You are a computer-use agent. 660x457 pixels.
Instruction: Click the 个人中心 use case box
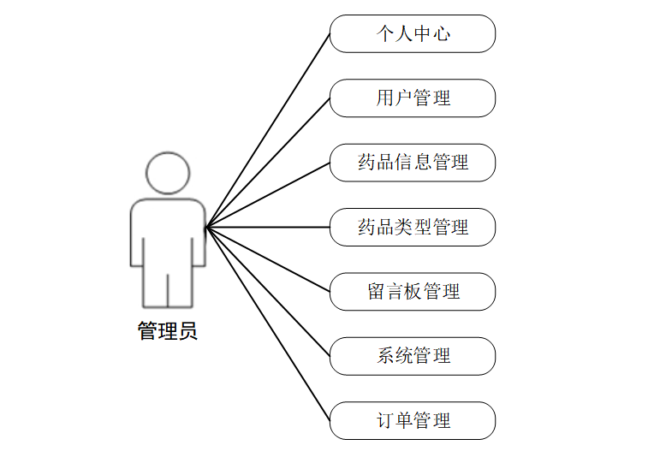click(413, 34)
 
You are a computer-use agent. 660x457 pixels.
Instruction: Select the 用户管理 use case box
click(413, 98)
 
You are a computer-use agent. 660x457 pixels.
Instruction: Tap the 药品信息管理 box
click(413, 163)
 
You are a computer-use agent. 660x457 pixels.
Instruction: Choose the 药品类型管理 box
click(413, 228)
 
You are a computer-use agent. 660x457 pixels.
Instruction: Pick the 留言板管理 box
click(413, 292)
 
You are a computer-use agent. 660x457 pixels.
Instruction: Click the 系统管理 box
click(413, 356)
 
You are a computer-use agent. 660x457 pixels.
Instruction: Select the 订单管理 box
click(413, 421)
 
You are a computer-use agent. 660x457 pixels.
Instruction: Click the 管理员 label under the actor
click(168, 331)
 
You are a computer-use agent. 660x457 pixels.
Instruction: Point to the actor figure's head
click(168, 173)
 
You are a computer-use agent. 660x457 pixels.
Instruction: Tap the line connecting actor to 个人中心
click(268, 131)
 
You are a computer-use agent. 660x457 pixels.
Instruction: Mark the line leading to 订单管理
click(268, 324)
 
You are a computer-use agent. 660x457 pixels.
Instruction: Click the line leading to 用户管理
click(268, 163)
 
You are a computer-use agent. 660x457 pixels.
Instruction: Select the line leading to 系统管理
click(268, 292)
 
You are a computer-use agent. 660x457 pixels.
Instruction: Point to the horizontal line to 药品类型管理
click(268, 228)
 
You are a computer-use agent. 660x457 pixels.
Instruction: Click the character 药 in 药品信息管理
click(367, 163)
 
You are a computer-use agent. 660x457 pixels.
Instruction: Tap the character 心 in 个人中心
click(442, 34)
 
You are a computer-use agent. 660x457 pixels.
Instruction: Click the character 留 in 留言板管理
click(377, 292)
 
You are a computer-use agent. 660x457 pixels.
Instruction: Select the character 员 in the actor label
click(187, 331)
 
